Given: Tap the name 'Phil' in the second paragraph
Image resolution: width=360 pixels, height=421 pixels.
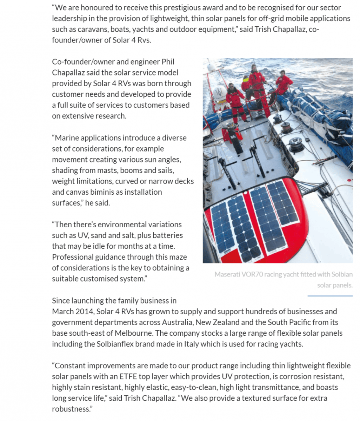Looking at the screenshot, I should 168,62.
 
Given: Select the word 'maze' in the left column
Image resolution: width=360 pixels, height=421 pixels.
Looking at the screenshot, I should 179,257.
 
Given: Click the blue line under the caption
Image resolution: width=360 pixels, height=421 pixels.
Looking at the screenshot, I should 330,296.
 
